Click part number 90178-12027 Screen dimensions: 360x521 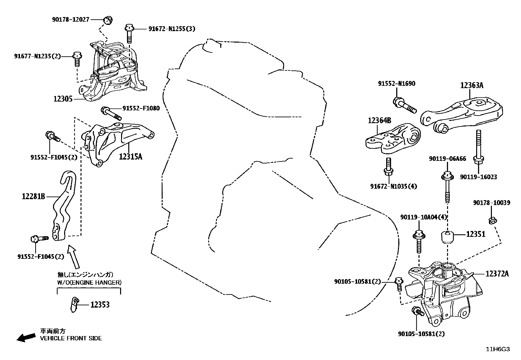coord(70,20)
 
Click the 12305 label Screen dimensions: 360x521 coord(63,98)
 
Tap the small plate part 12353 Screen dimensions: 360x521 coord(75,305)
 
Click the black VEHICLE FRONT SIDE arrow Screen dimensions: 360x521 coord(26,337)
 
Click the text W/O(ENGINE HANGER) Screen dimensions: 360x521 coord(89,282)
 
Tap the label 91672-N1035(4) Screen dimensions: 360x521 coord(394,186)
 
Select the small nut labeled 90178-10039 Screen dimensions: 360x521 coord(492,221)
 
